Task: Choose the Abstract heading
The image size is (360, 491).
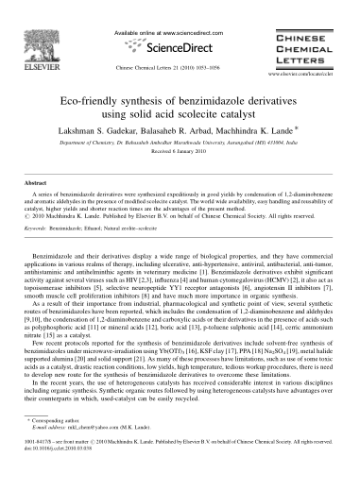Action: (x=44, y=185)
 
